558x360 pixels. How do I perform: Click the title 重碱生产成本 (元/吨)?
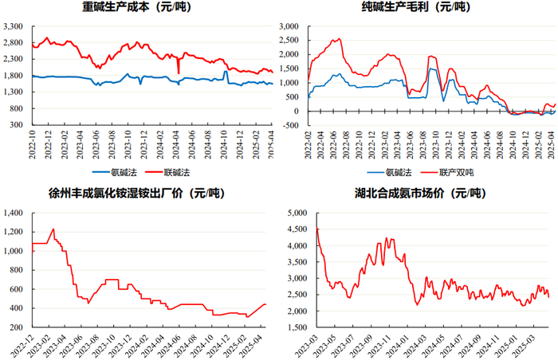[x=136, y=6]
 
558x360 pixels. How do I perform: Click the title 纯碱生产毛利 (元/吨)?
[x=415, y=6]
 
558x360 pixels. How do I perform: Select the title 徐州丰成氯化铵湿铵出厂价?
[x=116, y=194]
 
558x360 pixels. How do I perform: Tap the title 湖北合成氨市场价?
[x=399, y=194]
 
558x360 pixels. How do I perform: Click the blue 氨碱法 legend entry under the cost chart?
[x=115, y=173]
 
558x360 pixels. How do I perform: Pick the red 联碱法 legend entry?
[x=167, y=173]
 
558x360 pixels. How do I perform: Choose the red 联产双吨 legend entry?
[x=447, y=173]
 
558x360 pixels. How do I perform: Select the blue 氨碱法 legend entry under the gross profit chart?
[x=389, y=173]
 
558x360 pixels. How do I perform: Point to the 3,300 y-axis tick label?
[x=13, y=26]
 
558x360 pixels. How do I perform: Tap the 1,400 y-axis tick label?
[x=13, y=213]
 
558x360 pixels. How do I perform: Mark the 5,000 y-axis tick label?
[x=297, y=213]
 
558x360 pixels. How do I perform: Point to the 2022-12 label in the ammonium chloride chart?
[x=22, y=344]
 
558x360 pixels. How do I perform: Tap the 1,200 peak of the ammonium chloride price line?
[x=53, y=229]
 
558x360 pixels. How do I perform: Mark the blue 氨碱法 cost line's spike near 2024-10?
[x=226, y=72]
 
